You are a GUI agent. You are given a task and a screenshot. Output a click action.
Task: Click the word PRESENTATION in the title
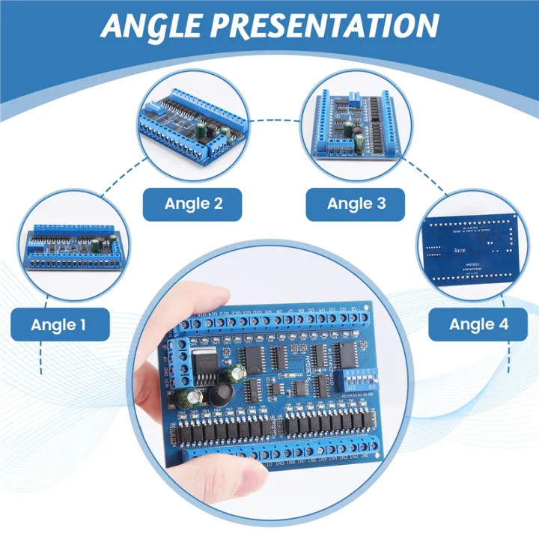coord(329,26)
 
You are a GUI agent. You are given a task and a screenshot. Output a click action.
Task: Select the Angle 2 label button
coord(193,203)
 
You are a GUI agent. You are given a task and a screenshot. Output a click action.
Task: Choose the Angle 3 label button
coord(356,203)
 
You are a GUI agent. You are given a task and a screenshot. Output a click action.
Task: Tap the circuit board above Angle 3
coord(354,124)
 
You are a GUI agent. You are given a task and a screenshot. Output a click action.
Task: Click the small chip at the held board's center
coord(300,387)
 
